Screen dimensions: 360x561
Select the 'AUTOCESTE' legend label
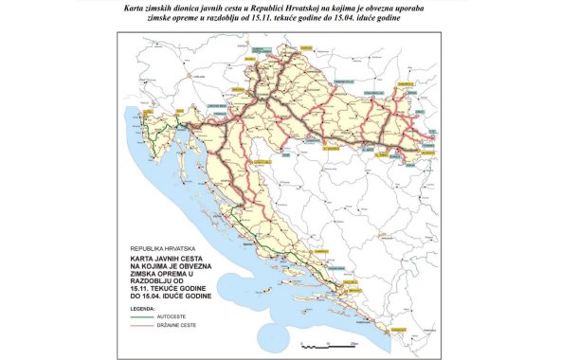point(187,318)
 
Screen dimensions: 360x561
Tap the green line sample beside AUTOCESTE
point(147,318)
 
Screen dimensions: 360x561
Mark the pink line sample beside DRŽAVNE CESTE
point(147,329)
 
